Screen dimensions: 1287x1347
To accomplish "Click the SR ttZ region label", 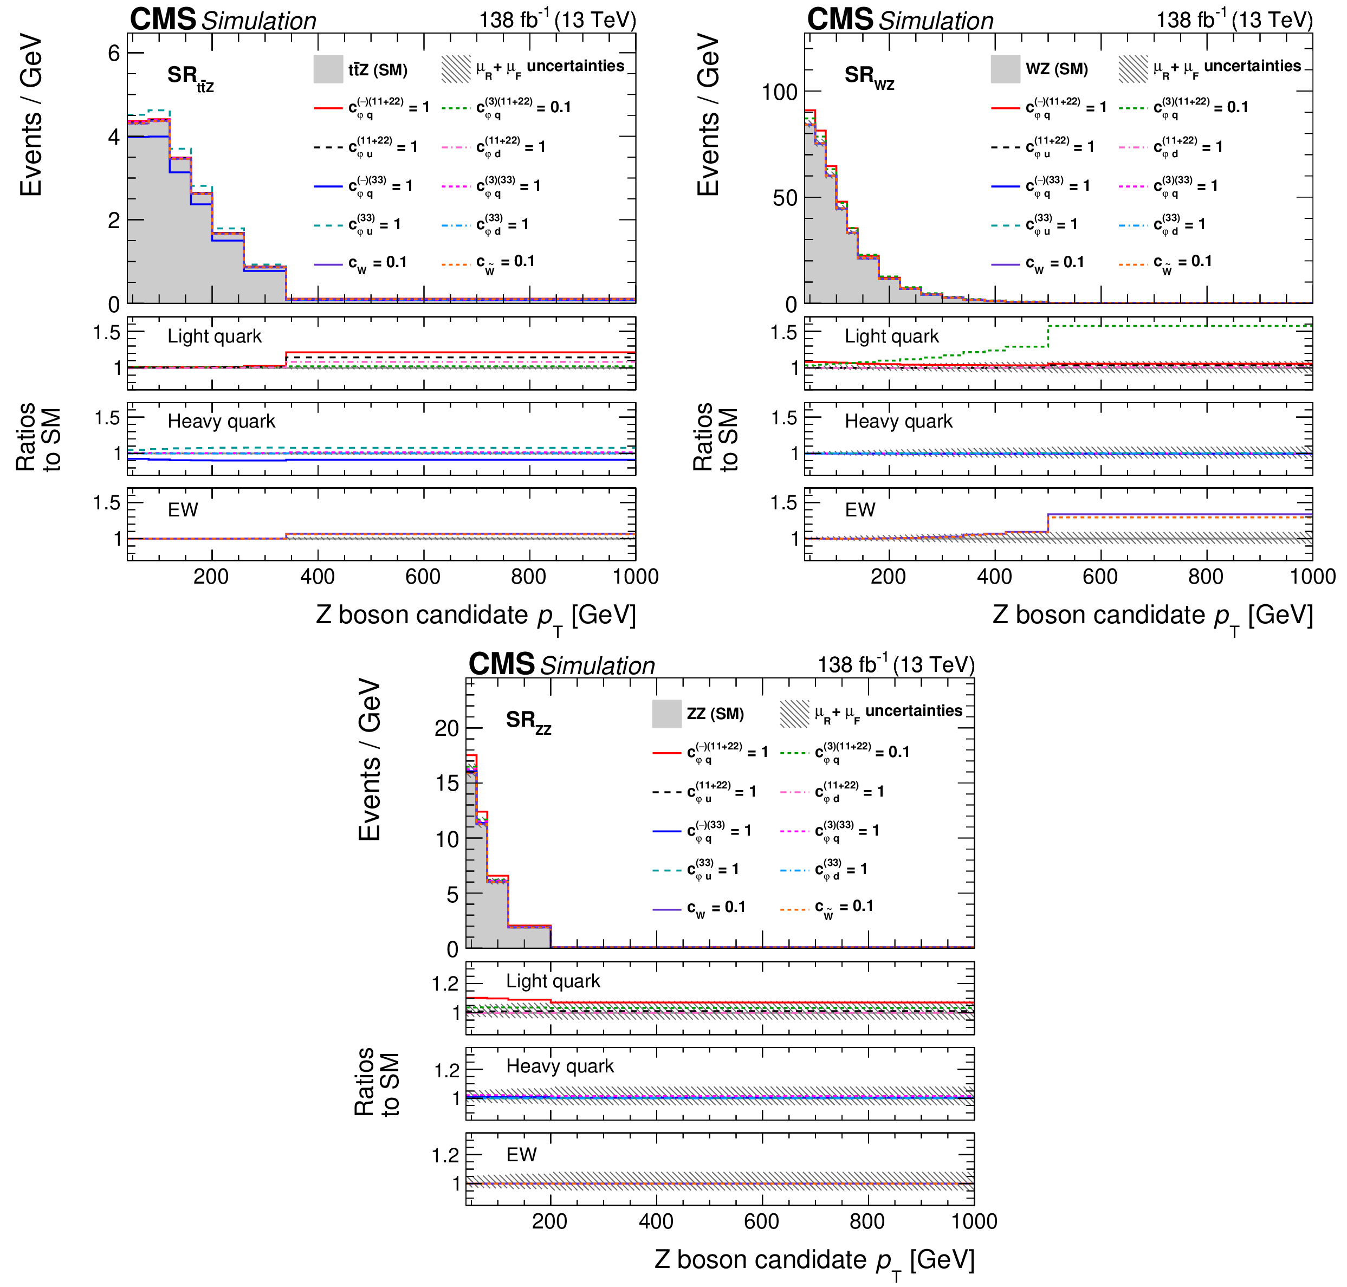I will tap(189, 77).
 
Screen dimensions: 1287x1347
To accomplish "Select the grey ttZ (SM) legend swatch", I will tap(328, 69).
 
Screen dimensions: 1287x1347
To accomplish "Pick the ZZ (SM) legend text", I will tap(715, 714).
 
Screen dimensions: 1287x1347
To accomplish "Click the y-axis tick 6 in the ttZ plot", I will tap(114, 54).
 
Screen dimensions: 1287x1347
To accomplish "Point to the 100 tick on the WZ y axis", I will tap(779, 92).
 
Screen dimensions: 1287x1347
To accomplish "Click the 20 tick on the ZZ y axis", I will tap(446, 728).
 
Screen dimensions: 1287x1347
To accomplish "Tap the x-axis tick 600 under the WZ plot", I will tap(1100, 576).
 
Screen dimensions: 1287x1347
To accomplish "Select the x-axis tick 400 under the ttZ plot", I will tap(318, 576).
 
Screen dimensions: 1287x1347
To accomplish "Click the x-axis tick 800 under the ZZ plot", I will tap(867, 1221).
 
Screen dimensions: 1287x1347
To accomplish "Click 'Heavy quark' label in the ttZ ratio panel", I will tap(221, 421).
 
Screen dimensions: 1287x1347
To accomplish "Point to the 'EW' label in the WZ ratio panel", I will tap(859, 510).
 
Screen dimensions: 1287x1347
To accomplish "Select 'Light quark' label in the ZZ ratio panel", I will tap(553, 981).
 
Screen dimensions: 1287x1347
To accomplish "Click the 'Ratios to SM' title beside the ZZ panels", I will tap(377, 1082).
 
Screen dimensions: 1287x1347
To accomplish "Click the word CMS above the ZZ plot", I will tap(501, 664).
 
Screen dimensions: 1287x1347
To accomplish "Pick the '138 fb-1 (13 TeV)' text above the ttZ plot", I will tap(557, 20).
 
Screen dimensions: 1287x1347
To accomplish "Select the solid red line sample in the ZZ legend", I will tap(666, 753).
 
